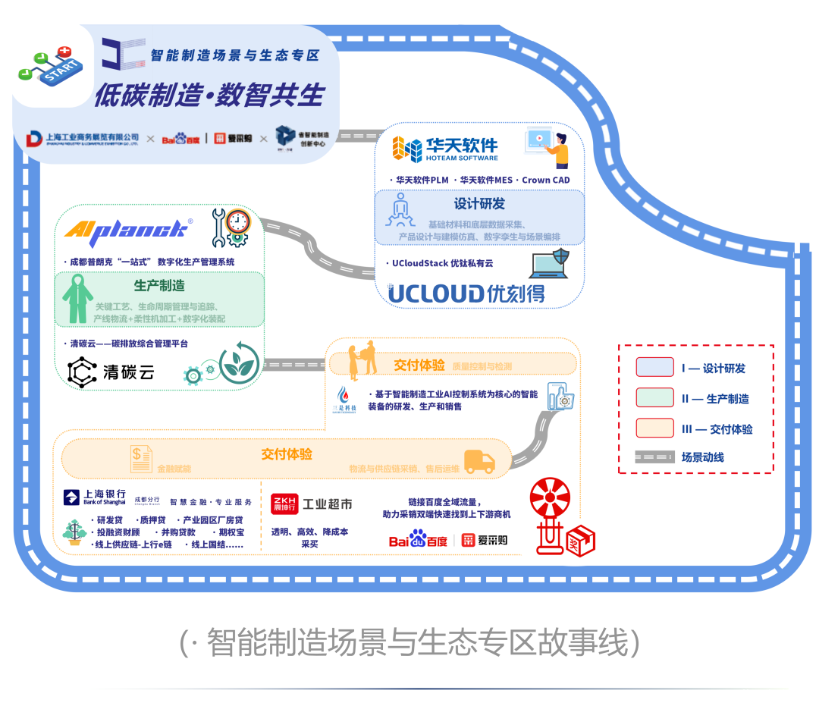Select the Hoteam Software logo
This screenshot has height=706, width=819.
[445, 149]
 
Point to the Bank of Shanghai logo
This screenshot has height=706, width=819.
[95, 497]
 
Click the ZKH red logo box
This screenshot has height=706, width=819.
[284, 504]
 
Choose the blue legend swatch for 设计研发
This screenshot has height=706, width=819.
[654, 368]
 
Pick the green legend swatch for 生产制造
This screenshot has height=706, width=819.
[654, 398]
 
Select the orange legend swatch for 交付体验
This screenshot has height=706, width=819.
[654, 428]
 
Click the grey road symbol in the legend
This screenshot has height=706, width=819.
[654, 457]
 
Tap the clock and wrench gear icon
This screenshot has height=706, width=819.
[231, 227]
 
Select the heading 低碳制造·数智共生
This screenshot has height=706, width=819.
[209, 96]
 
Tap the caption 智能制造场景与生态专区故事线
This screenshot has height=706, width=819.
[409, 643]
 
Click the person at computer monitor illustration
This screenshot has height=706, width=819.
[547, 149]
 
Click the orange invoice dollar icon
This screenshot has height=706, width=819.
[140, 457]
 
